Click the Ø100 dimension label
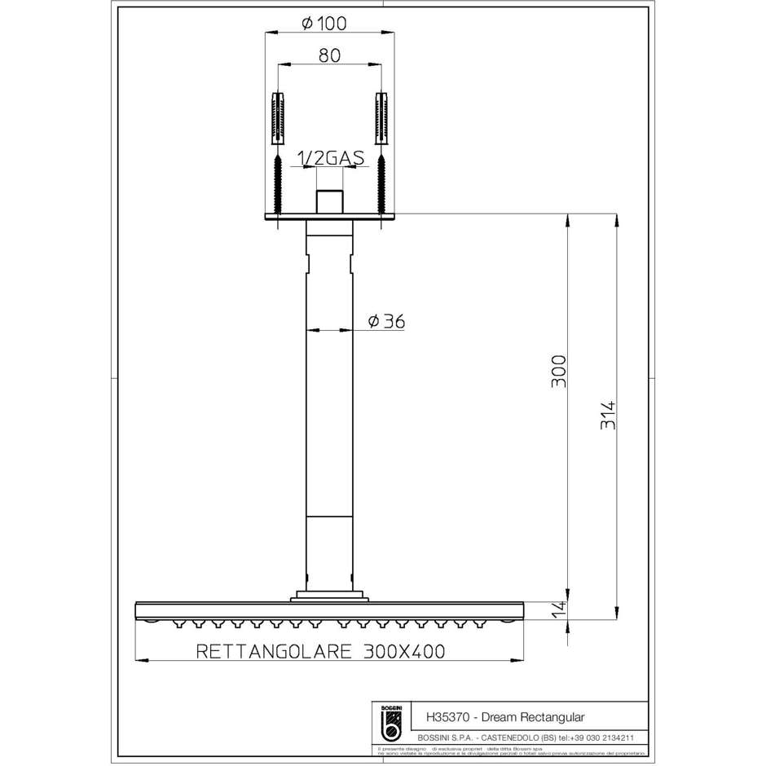(324, 24)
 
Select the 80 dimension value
(330, 55)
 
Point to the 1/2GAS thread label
(330, 159)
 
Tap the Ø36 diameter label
(385, 322)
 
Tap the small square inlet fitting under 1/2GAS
(330, 201)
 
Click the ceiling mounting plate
(330, 218)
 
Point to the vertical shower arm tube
(330, 407)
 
